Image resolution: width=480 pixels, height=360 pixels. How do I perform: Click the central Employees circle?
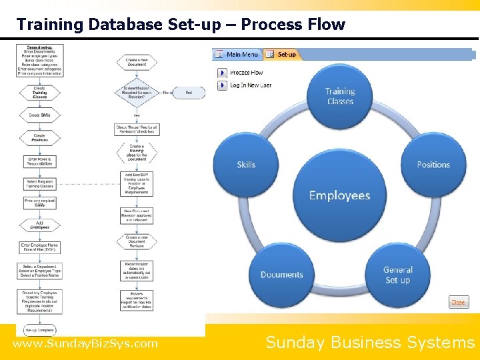click(x=339, y=195)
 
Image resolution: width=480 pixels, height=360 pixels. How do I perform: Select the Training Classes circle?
click(x=340, y=97)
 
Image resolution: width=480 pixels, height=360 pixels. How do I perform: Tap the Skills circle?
click(x=246, y=165)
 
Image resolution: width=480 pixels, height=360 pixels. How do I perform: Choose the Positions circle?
click(x=433, y=165)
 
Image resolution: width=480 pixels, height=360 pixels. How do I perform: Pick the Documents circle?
click(x=281, y=275)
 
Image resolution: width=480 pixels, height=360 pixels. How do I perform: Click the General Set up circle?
click(x=397, y=275)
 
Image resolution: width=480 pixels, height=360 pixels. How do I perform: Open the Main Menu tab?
click(x=237, y=54)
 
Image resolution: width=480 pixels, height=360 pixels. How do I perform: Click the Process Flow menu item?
click(x=246, y=72)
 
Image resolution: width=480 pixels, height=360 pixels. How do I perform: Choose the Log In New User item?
click(x=250, y=85)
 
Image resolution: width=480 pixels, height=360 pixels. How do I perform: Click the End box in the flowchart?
click(x=189, y=93)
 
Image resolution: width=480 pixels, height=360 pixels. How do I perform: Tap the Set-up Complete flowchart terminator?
click(x=40, y=330)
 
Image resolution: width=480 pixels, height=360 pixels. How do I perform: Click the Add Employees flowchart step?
click(x=40, y=225)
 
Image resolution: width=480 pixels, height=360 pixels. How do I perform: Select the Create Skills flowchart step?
click(x=40, y=115)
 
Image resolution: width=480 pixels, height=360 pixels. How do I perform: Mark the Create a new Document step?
click(x=136, y=63)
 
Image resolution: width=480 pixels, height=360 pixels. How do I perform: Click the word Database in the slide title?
click(x=124, y=25)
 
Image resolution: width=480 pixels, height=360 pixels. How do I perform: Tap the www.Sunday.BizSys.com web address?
click(x=85, y=344)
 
